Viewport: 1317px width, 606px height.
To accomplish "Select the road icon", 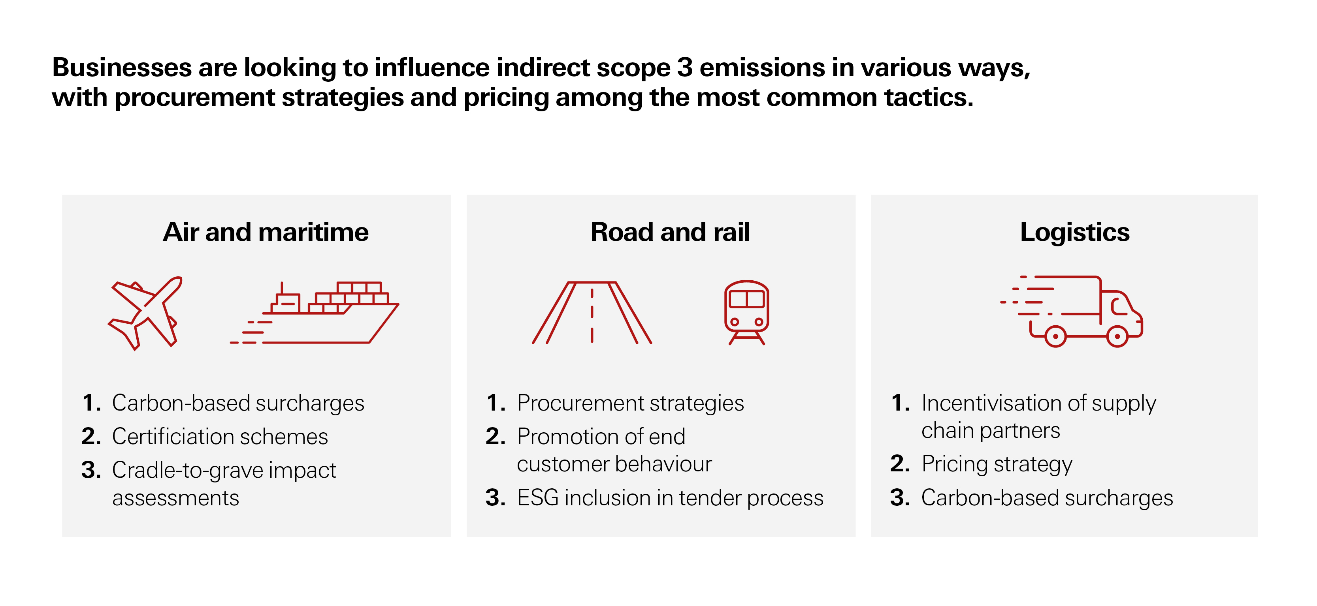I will click(x=592, y=313).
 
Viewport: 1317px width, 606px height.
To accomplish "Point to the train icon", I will click(x=746, y=312).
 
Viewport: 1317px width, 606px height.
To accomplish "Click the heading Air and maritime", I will click(x=266, y=232).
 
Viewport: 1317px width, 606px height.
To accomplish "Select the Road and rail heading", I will click(x=670, y=232).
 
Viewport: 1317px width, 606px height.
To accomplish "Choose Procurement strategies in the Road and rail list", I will click(x=630, y=403).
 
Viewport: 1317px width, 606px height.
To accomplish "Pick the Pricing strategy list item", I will click(x=997, y=464).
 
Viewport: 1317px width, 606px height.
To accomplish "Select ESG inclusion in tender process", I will click(x=670, y=498).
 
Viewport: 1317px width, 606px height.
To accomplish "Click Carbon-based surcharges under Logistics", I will click(x=1047, y=498).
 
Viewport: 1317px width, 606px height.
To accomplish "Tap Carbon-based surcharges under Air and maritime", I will click(x=238, y=403).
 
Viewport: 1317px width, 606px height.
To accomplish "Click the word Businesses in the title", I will click(x=122, y=68).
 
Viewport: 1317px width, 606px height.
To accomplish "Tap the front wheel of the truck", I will click(x=1117, y=336).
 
